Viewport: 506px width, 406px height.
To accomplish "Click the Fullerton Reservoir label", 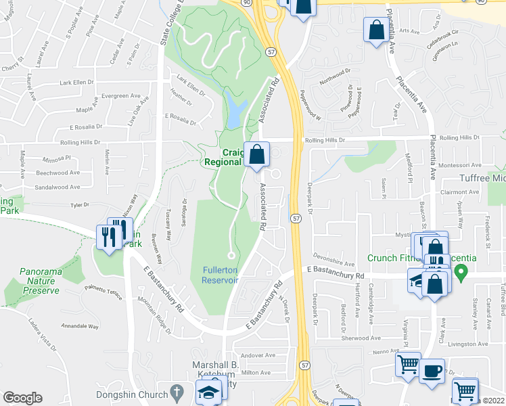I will coord(220,275).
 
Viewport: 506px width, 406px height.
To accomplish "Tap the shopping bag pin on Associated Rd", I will coord(257,155).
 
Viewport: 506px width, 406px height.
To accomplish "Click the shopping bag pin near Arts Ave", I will coord(375,30).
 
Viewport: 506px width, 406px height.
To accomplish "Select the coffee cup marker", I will coord(432,371).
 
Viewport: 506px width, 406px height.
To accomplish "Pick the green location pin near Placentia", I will coord(461,273).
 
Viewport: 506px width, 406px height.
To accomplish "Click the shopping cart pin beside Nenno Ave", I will coord(409,365).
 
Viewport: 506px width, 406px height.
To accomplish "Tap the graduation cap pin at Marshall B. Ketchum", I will coord(208,392).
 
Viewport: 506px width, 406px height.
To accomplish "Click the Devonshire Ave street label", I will coord(334,260).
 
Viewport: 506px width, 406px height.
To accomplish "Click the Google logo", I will coord(22,398).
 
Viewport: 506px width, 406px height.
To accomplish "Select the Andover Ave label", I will coord(258,355).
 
